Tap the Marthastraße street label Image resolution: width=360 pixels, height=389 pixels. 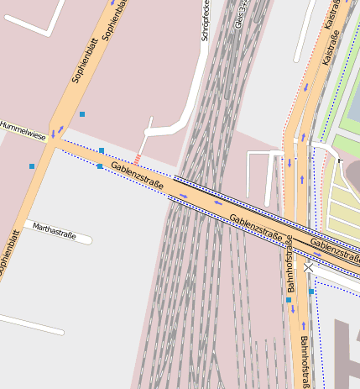(x=55, y=231)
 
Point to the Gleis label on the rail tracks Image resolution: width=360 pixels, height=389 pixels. (x=241, y=14)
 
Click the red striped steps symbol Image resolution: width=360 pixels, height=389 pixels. (x=138, y=159)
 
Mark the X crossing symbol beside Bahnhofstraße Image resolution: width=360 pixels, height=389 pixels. (x=309, y=267)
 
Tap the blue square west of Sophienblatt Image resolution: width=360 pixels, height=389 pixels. (x=32, y=166)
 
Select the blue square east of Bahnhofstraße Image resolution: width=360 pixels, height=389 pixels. (x=311, y=292)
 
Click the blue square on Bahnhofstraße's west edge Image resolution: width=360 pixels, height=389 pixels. (x=289, y=299)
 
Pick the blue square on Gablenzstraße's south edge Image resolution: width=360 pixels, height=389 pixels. (x=100, y=166)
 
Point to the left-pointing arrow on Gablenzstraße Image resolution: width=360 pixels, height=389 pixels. (x=218, y=202)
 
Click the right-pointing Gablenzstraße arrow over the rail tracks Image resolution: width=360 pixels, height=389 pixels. (x=183, y=197)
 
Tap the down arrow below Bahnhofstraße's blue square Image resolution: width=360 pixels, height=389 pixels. (x=293, y=308)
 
